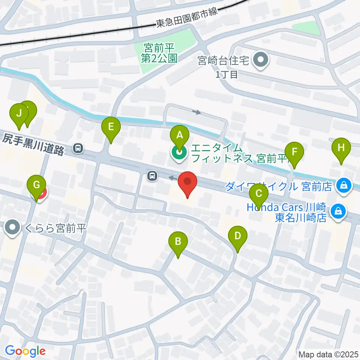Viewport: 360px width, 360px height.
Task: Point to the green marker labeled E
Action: (111, 128)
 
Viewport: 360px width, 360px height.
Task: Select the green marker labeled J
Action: (18, 113)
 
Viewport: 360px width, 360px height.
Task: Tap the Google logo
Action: (25, 351)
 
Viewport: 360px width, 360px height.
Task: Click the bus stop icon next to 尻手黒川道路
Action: (78, 148)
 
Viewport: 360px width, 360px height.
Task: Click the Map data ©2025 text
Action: (328, 354)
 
